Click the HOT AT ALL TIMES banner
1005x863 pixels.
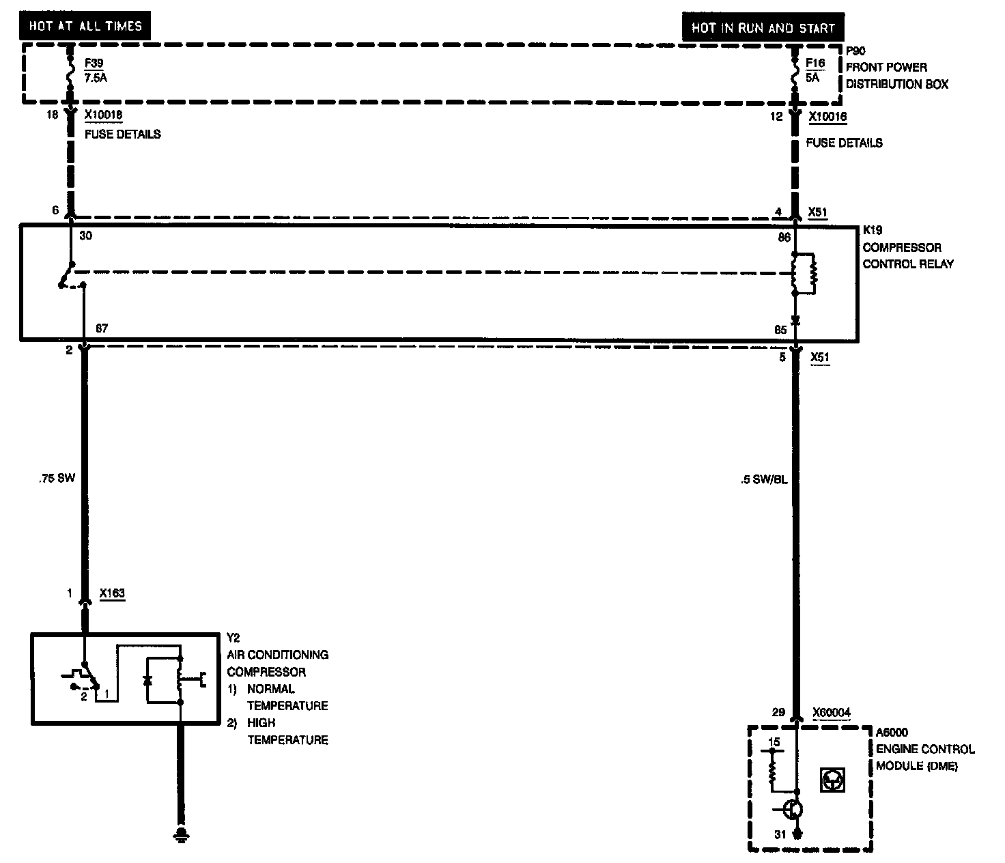click(x=85, y=27)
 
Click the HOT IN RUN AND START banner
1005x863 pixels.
click(x=763, y=28)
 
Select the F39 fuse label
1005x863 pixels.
click(x=94, y=63)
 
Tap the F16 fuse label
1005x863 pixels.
click(x=815, y=63)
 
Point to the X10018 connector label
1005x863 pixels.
click(x=104, y=115)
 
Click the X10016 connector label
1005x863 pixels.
click(x=827, y=117)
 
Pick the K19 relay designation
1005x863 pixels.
click(x=873, y=231)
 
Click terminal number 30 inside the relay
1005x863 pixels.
click(x=86, y=236)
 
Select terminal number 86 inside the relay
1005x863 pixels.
click(x=784, y=237)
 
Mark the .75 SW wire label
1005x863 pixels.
click(x=57, y=478)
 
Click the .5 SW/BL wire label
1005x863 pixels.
click(x=764, y=479)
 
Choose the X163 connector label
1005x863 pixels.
click(x=112, y=593)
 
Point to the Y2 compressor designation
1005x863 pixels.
click(x=233, y=638)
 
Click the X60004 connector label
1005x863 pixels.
click(x=832, y=713)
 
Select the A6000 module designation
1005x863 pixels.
click(x=892, y=733)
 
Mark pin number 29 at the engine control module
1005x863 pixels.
click(x=778, y=712)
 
